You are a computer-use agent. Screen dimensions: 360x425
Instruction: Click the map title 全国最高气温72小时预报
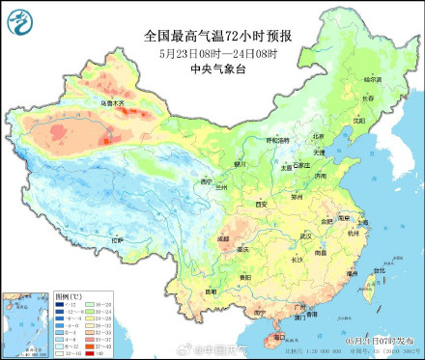[x=218, y=36]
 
